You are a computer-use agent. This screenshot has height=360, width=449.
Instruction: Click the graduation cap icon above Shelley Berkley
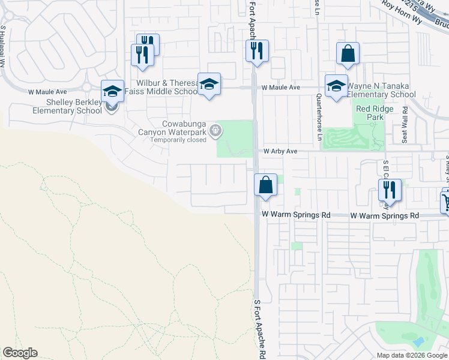112,91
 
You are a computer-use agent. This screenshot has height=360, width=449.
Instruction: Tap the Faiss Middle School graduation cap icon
209,84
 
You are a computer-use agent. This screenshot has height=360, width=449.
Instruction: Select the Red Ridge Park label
369,113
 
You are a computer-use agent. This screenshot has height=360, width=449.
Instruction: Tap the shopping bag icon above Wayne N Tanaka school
348,54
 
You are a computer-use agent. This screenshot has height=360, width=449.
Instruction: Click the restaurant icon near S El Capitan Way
390,190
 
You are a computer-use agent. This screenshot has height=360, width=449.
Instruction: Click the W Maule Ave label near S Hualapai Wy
47,92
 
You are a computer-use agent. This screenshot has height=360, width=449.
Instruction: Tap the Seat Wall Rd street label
405,125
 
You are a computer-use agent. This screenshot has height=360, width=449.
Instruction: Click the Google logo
20,353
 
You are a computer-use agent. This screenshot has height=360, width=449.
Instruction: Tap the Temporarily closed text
178,140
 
